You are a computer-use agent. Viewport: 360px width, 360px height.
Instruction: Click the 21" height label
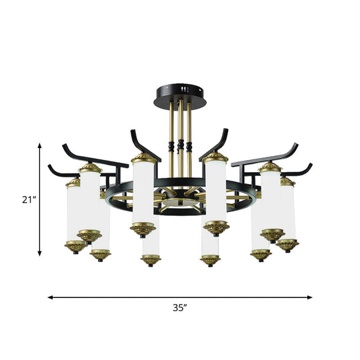pos(24,199)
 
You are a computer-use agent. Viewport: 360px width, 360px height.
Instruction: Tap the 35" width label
pos(180,308)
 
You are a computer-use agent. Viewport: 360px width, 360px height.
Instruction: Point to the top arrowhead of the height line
pos(40,143)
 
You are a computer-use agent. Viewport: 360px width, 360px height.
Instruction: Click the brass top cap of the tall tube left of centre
pos(143,159)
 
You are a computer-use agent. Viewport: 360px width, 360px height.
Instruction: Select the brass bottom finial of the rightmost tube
pos(287,245)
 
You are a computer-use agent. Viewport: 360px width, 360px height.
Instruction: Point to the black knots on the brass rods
pos(181,146)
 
